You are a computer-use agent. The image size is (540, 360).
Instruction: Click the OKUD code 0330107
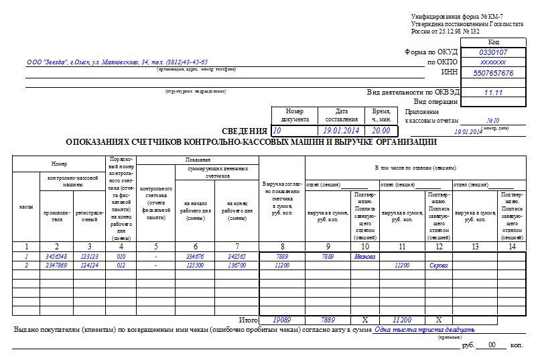click(493, 52)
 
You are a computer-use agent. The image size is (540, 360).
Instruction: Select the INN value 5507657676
click(493, 72)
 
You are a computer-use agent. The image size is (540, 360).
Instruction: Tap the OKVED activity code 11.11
click(493, 93)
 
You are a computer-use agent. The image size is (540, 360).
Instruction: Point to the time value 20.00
click(381, 131)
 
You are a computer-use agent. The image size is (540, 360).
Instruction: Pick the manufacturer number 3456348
click(56, 256)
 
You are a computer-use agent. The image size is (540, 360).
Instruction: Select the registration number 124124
click(89, 265)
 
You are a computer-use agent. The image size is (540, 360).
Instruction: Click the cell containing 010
click(121, 256)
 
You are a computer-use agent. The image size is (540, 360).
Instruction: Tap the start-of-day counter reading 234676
click(194, 256)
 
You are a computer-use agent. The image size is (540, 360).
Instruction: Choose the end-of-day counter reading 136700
click(237, 265)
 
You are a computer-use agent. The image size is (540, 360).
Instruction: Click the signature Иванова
click(365, 256)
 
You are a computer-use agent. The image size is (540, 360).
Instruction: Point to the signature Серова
click(439, 265)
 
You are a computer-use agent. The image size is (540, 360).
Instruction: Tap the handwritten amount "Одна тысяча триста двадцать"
click(425, 330)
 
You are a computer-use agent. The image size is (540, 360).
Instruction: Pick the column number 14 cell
click(513, 246)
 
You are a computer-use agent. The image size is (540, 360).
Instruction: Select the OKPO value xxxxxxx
click(493, 62)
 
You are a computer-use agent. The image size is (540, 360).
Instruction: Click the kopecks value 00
click(492, 345)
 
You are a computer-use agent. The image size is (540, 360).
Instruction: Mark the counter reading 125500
click(194, 265)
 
